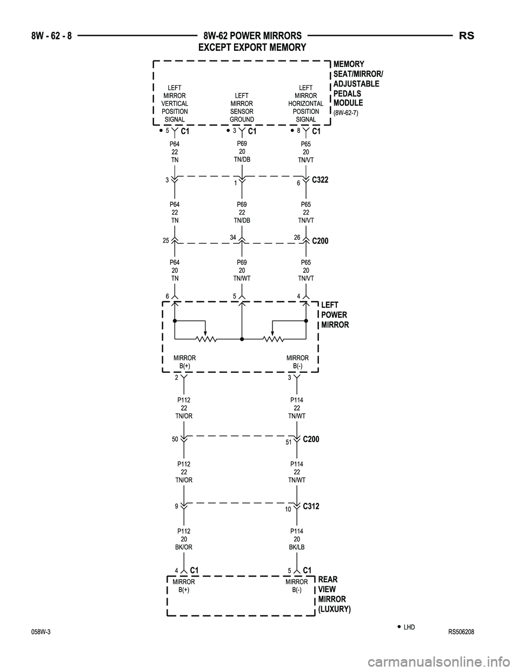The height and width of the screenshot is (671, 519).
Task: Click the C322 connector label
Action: (320, 180)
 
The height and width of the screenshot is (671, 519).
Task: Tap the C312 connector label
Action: (311, 506)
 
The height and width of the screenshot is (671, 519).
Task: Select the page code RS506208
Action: (461, 633)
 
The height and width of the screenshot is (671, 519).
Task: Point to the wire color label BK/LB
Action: (297, 547)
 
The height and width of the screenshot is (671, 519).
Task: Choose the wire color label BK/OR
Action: (184, 547)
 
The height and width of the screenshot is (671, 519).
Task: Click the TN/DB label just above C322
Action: (242, 159)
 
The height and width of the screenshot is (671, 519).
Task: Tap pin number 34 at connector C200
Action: (233, 237)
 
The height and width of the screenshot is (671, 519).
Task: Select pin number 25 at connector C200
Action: (166, 240)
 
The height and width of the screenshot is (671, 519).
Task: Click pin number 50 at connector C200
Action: (175, 439)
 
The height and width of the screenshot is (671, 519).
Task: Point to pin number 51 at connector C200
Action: (289, 442)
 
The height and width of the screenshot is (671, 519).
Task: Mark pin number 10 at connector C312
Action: (288, 509)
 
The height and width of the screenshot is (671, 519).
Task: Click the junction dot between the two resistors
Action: (242, 339)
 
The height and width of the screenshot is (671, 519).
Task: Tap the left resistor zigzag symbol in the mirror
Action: (206, 339)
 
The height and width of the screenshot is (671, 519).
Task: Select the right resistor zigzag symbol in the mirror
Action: (273, 339)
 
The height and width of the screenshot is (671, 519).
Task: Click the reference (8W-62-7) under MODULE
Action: (346, 113)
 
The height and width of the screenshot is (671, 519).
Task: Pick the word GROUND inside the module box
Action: (242, 119)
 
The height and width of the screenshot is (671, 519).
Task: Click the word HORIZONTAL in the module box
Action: (306, 103)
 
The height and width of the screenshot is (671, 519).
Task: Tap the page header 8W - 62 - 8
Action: (51, 36)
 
